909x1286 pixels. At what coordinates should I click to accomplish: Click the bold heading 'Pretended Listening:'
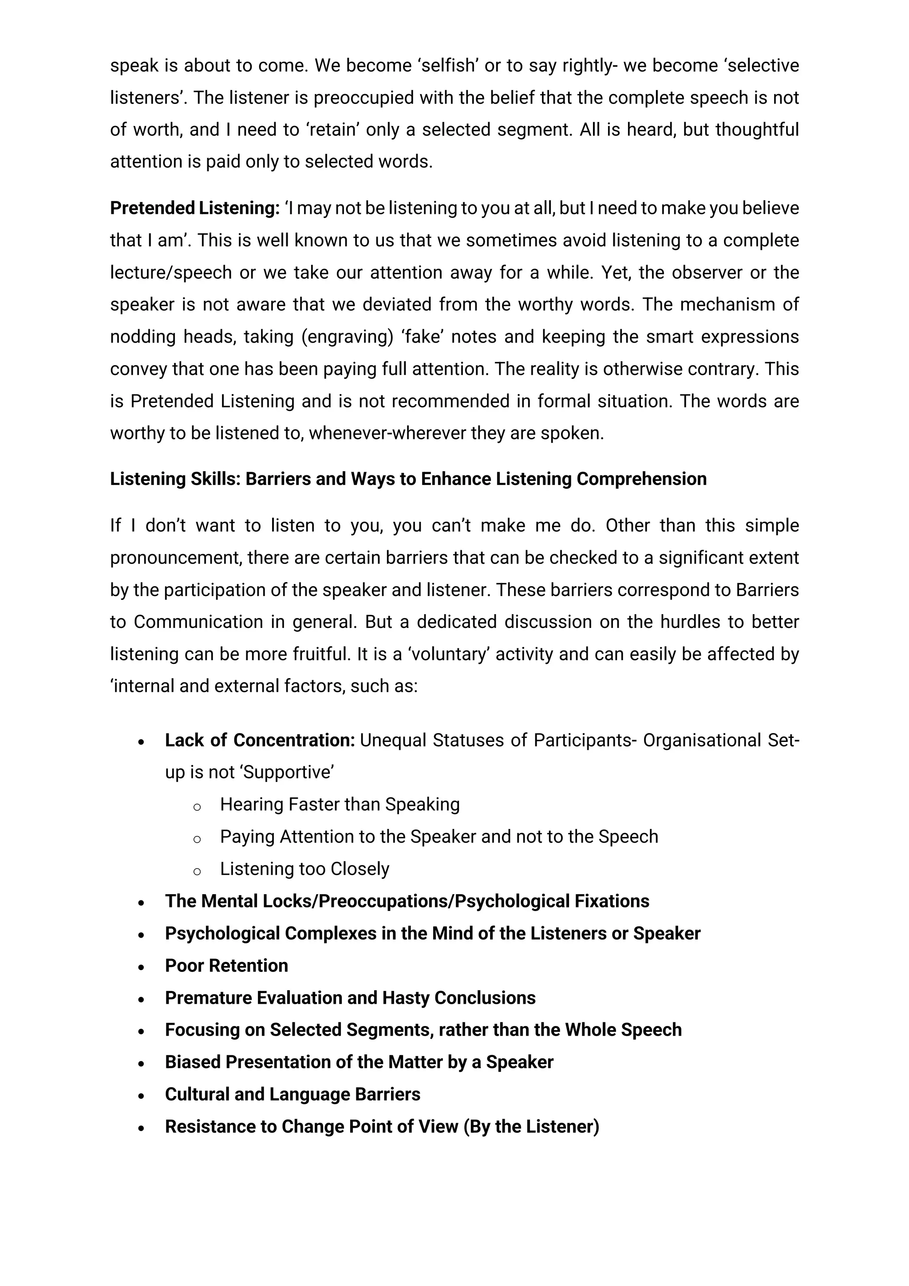point(194,209)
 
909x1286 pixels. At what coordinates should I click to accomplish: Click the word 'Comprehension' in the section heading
point(641,479)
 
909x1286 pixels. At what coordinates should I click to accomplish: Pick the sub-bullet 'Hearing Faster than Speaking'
point(340,805)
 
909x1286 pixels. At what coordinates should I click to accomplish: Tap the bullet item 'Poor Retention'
point(226,966)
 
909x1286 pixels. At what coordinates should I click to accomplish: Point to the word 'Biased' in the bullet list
point(193,1062)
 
